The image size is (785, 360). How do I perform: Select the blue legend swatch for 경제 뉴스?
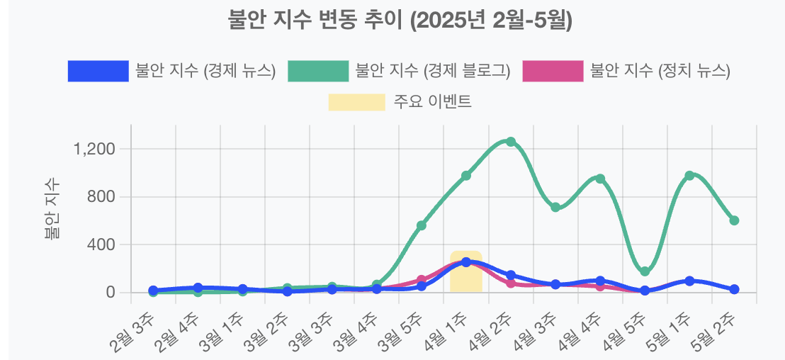[x=98, y=71]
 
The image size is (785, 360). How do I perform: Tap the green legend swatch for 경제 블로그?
[x=318, y=71]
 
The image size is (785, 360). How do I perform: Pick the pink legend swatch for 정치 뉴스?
[x=553, y=71]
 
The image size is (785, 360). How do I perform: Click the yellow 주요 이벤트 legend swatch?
[x=356, y=101]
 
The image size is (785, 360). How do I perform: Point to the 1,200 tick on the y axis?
[x=94, y=150]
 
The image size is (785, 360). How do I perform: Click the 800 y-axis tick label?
[x=101, y=197]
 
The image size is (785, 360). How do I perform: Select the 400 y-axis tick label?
[x=101, y=245]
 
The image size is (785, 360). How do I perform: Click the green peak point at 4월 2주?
[x=510, y=142]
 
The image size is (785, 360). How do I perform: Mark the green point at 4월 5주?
[x=645, y=271]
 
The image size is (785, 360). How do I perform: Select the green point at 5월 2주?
[x=734, y=220]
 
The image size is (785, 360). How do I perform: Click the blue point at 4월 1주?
[x=465, y=262]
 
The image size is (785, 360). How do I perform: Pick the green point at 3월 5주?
[x=421, y=225]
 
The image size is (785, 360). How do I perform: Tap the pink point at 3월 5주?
[x=421, y=280]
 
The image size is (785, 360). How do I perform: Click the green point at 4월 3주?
[x=555, y=207]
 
